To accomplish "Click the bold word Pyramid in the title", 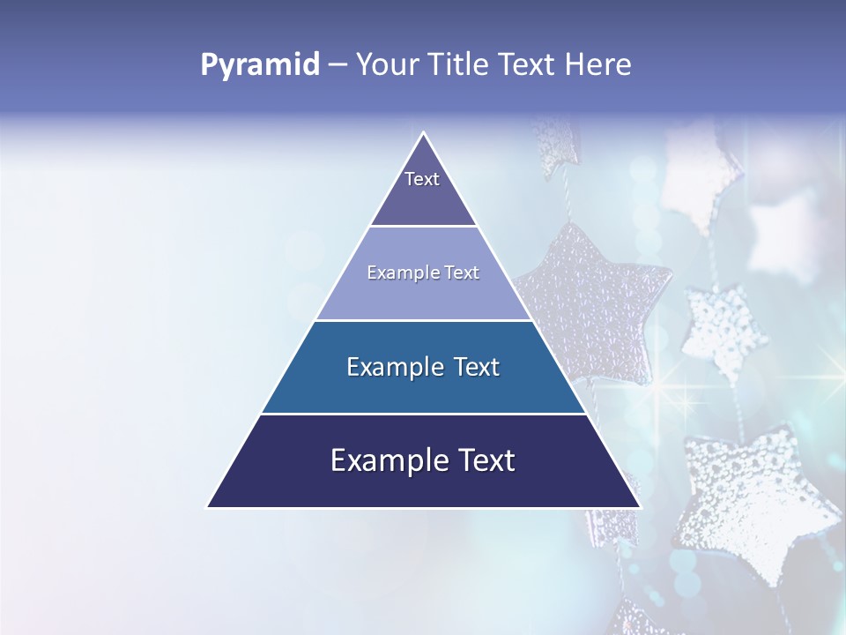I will coord(260,65).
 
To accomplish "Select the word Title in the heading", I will coord(462,65).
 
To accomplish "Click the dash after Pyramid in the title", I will coord(338,65).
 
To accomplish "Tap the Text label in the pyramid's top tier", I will coord(422,179).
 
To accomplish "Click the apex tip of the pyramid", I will coord(424,134).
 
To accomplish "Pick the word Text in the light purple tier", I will coord(462,273).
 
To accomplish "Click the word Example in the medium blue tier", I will coord(393,367).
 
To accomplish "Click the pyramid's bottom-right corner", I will coord(639,507).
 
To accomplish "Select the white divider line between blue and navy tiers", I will coord(423,414).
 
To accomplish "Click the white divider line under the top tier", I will coord(423,226).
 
